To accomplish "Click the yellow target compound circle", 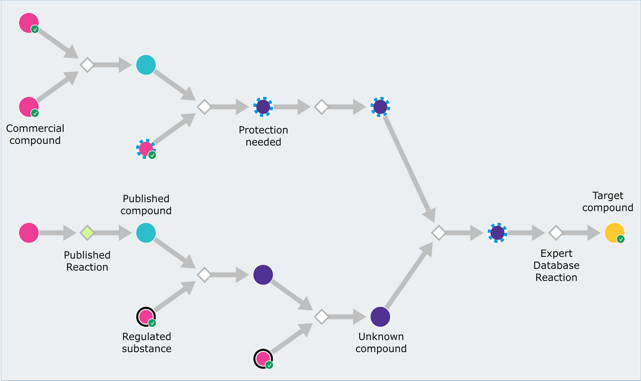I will coord(614,233).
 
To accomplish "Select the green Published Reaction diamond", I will coord(87,233).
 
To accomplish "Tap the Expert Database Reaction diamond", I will coord(555,233).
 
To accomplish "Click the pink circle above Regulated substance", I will coord(146,317).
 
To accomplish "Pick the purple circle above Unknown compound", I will coord(381,317).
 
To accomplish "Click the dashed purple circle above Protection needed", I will coord(263,107).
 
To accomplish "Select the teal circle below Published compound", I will coord(146,233).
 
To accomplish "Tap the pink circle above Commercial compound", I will coord(29,107).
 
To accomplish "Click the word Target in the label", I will coord(607,195).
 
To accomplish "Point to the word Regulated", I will coord(147,336).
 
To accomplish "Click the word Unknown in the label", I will coord(381,336).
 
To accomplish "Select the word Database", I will coord(556,265).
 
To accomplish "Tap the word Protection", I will coord(263,130).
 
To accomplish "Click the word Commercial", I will coord(35,128).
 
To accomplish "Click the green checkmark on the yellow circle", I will coord(621,239).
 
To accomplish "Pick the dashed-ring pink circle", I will coord(146,149).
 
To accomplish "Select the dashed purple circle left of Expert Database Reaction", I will coord(497,233).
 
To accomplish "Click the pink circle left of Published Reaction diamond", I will coord(29,233).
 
